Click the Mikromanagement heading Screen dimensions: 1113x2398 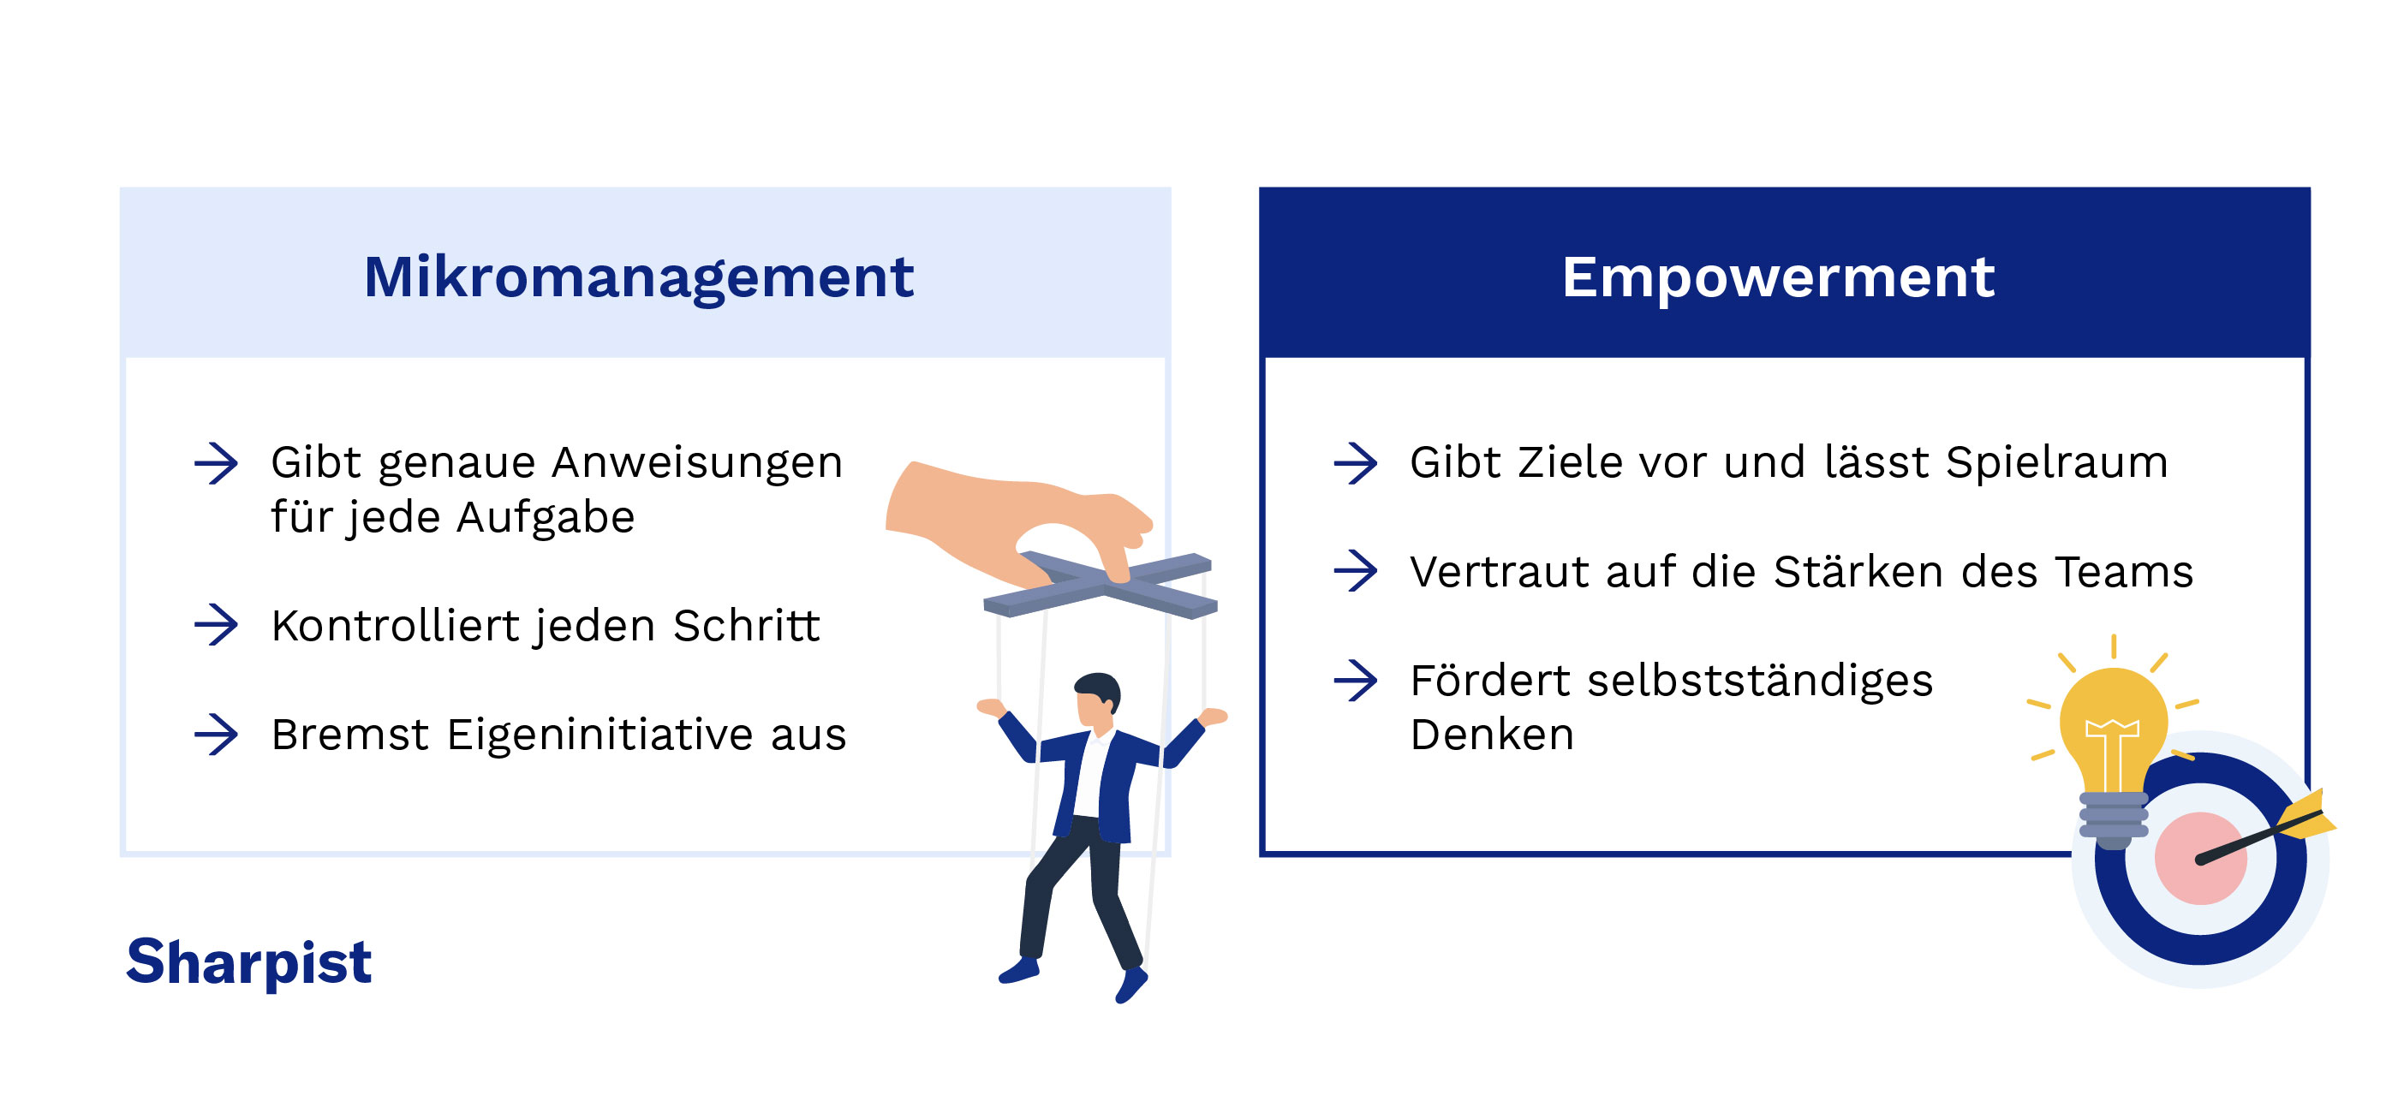click(639, 277)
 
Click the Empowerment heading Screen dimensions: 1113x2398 click(1778, 277)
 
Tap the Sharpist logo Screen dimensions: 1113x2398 click(248, 961)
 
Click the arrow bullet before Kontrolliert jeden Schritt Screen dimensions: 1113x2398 click(216, 624)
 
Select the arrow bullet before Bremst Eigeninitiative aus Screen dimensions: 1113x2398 click(216, 735)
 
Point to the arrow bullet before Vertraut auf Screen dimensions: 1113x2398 click(1356, 570)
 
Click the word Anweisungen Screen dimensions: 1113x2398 click(698, 462)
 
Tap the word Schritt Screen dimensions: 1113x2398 click(747, 625)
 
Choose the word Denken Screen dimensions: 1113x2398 click(1491, 735)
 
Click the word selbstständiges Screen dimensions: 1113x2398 click(1759, 681)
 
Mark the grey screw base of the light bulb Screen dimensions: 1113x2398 click(2113, 819)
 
